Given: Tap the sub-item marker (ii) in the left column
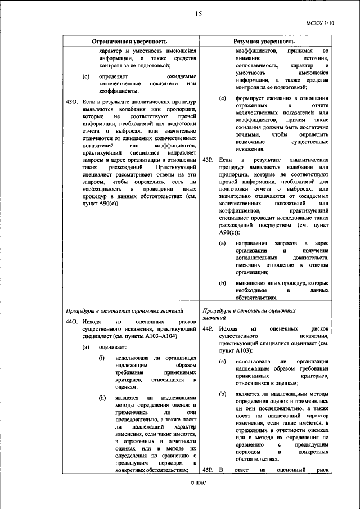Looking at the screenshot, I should pyautogui.click(x=103, y=398).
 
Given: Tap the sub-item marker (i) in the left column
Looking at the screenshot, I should pyautogui.click(x=102, y=358).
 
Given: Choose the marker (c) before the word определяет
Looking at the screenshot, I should pyautogui.click(x=85, y=75).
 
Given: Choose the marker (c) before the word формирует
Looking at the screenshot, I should pyautogui.click(x=222, y=98).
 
